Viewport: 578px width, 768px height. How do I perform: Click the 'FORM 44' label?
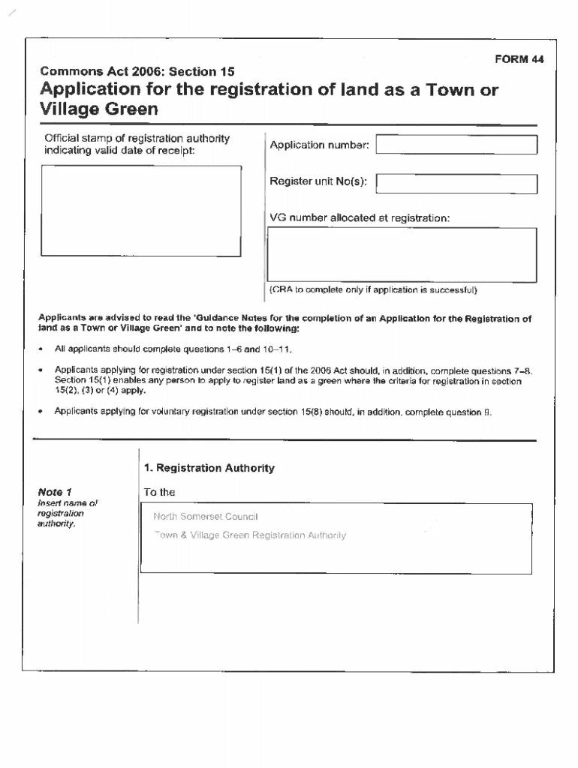(519, 59)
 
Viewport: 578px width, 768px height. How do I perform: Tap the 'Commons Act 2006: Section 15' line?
(137, 72)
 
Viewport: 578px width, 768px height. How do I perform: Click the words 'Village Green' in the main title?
(99, 109)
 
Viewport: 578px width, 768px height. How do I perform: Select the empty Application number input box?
(456, 145)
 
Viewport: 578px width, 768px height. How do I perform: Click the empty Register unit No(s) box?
(456, 184)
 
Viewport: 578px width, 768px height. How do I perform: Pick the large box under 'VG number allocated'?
(403, 253)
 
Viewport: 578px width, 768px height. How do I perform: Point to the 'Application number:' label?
(319, 145)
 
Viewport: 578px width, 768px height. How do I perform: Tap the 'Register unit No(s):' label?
(318, 183)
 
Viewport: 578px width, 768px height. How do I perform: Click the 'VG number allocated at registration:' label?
(360, 217)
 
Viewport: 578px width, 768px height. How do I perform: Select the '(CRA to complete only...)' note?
(373, 289)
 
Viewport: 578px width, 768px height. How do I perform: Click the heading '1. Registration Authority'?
(209, 468)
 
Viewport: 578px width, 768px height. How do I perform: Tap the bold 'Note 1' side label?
(55, 492)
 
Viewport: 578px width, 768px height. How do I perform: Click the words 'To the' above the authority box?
(159, 492)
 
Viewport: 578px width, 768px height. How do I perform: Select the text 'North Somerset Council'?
(205, 517)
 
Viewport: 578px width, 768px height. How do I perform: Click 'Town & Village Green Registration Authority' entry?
(249, 535)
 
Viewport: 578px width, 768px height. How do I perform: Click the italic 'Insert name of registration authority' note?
(67, 513)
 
